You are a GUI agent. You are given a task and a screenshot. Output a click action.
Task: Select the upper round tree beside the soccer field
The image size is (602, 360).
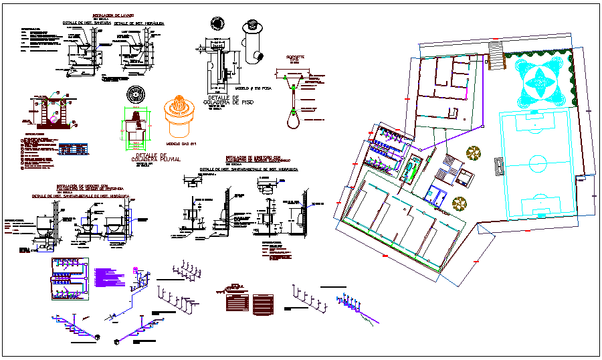tap(474, 153)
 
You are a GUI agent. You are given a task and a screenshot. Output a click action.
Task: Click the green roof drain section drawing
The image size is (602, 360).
tap(136, 126)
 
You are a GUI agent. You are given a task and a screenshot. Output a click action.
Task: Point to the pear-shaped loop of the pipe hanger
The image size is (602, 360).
tap(292, 120)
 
